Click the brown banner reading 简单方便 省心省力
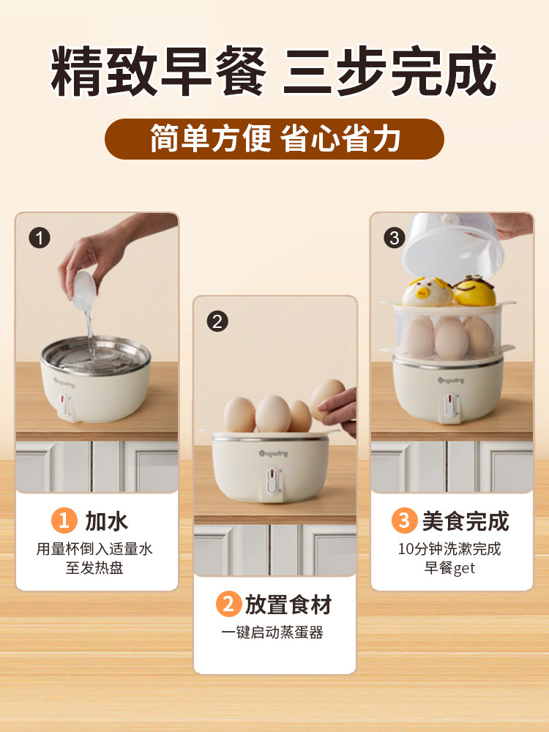[274, 138]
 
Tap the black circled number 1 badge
[40, 238]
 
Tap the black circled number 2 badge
[217, 321]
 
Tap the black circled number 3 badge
[394, 238]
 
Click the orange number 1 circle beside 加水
[64, 520]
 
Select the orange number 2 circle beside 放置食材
[228, 604]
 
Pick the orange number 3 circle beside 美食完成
[404, 520]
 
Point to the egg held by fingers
[326, 400]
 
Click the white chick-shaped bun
[427, 292]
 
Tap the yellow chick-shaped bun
[474, 291]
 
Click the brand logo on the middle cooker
[273, 453]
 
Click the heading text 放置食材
[288, 605]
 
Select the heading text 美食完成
[466, 521]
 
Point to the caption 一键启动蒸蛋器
[272, 632]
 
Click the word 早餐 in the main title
[214, 71]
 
